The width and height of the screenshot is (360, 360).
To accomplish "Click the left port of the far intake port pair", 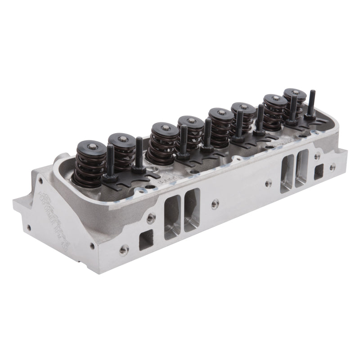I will click(x=287, y=173).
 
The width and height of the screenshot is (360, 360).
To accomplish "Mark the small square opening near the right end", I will click(x=319, y=171).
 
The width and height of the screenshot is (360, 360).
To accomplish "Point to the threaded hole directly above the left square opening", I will click(x=150, y=218).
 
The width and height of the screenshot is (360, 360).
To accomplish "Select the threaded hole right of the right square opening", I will click(x=332, y=167).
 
